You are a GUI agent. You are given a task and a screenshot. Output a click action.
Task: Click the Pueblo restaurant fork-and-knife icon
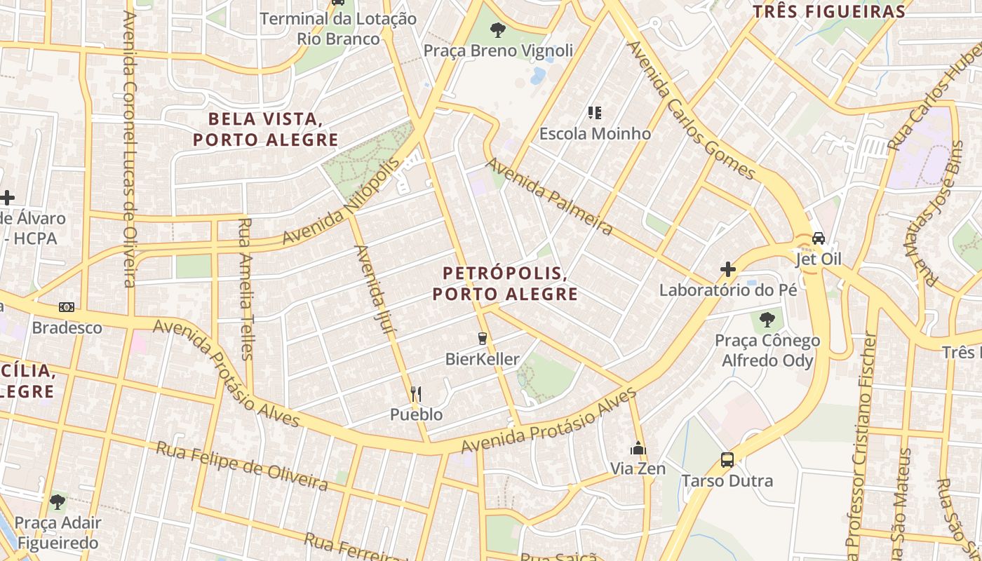416,393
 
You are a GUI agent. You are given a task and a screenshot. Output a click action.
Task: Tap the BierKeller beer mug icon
482,339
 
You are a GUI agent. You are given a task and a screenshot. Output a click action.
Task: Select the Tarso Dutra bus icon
727,460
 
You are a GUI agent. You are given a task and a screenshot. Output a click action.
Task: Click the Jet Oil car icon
818,238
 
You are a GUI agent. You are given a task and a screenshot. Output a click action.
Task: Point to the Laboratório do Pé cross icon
728,269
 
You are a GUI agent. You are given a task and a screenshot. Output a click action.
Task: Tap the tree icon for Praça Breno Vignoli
498,29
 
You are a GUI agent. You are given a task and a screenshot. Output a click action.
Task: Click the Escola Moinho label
595,133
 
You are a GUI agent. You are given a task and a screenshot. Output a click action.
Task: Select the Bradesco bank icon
67,307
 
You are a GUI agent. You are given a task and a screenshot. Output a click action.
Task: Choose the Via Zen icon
638,448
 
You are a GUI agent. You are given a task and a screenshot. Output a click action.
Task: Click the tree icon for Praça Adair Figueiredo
58,502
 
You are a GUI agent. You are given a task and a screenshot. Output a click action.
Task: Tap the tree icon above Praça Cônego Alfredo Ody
767,320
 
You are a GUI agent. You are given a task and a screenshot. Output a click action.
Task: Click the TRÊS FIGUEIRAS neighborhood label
829,12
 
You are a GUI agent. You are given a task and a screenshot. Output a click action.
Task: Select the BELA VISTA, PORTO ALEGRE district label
266,129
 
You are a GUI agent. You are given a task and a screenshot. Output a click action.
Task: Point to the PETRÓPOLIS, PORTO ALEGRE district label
505,283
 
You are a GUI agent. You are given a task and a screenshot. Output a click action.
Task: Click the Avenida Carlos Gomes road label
692,110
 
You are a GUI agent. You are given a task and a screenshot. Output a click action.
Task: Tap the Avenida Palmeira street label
550,196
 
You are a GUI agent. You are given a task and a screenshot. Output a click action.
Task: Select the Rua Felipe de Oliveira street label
242,466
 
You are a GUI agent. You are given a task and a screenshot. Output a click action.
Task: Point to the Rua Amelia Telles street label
245,289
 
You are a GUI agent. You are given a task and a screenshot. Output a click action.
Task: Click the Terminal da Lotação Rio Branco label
338,29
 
